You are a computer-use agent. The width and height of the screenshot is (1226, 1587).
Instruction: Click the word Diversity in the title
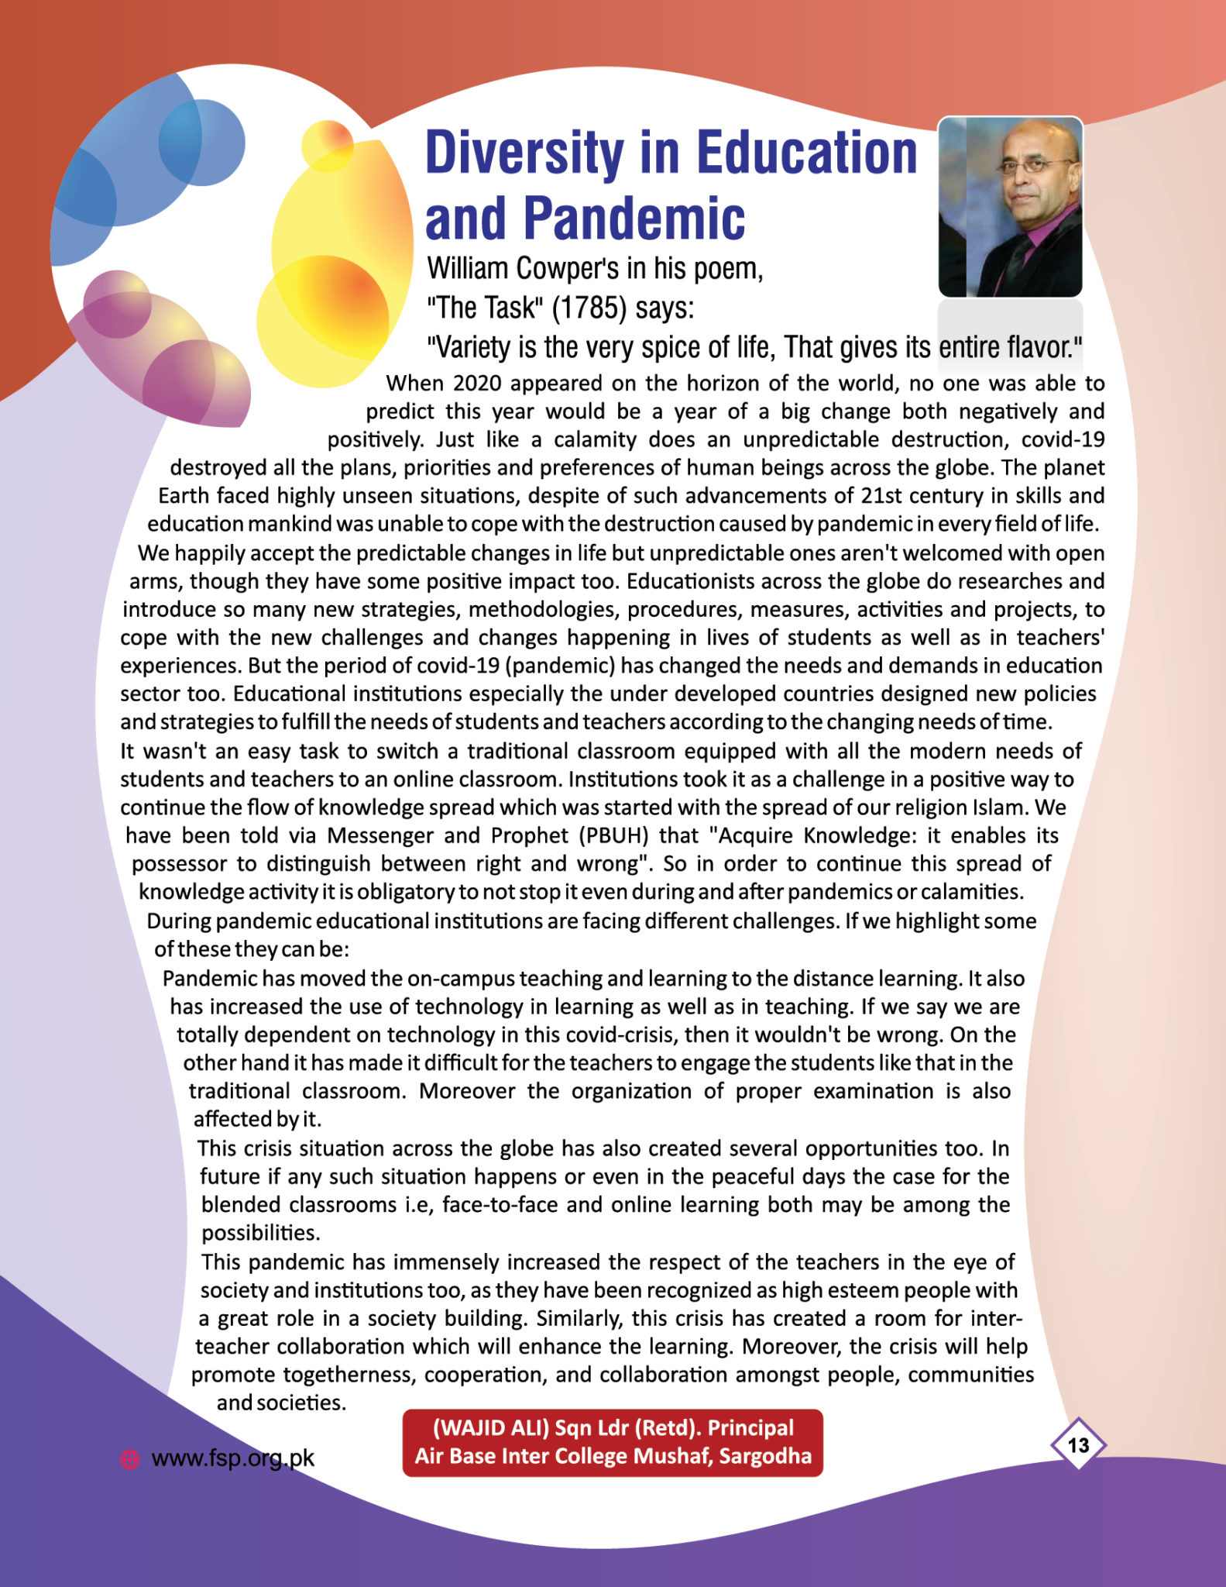click(524, 153)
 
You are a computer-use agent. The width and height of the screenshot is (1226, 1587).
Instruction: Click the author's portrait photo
click(1010, 207)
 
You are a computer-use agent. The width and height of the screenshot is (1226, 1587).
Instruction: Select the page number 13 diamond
click(1078, 1445)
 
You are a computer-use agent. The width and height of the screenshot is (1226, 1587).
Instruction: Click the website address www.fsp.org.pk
click(232, 1458)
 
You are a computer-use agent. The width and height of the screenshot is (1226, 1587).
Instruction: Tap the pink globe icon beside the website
click(129, 1459)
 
